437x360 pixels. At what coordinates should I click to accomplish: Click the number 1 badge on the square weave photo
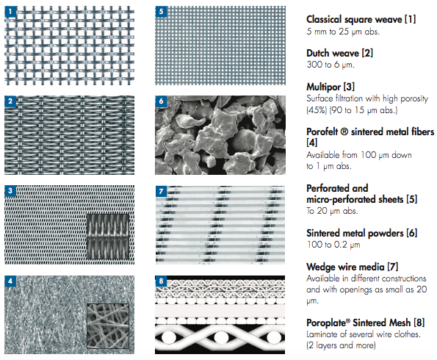pos(10,12)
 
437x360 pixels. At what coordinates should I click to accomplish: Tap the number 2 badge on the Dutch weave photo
pos(10,101)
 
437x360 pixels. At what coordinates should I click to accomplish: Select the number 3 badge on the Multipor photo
pos(10,191)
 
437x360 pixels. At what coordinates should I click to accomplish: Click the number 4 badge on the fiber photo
pos(10,281)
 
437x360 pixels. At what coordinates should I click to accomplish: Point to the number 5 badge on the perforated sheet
pos(161,12)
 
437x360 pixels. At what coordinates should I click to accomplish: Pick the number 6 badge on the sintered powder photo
pos(161,101)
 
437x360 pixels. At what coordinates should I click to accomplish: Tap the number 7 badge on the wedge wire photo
pos(161,191)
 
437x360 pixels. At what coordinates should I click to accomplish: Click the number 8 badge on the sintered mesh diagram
pos(161,281)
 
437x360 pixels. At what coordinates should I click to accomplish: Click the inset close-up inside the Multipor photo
pos(108,237)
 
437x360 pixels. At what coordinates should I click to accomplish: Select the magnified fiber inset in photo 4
pos(108,326)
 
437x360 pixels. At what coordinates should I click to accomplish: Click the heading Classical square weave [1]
pos(361,20)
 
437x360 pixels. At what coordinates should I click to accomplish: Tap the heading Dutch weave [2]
pos(339,53)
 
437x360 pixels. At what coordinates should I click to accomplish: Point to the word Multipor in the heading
pos(323,87)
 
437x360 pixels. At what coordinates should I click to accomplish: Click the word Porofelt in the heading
pos(323,132)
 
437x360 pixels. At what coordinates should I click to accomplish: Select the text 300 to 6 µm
pos(331,65)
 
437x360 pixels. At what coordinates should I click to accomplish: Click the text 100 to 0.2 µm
pos(333,245)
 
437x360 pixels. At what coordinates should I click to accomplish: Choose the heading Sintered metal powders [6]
pos(362,233)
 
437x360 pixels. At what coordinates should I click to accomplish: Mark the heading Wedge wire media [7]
pos(353,267)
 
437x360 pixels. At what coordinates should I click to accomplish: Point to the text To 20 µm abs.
pos(332,211)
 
